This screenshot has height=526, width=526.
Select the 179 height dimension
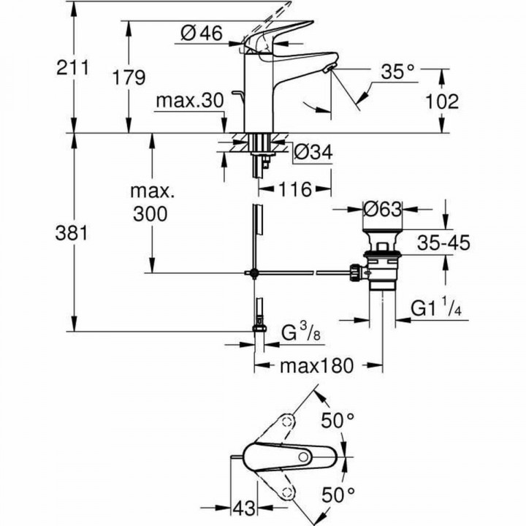(x=129, y=77)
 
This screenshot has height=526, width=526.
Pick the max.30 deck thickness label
(x=188, y=102)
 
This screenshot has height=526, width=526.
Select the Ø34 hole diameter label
(x=313, y=153)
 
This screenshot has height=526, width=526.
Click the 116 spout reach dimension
(x=295, y=189)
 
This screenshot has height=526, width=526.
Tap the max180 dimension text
(x=319, y=364)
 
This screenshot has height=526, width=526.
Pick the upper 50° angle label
(x=338, y=422)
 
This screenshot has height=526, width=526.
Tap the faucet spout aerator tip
(x=329, y=68)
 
